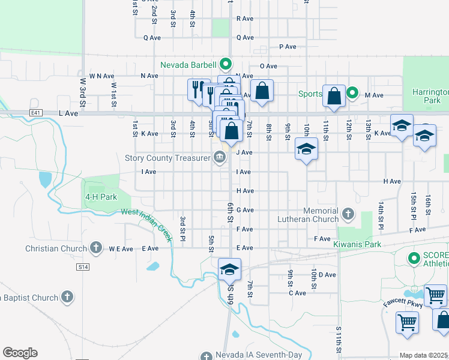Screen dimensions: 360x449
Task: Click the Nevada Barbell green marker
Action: [x=226, y=63]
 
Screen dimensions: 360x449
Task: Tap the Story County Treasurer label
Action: [x=167, y=158]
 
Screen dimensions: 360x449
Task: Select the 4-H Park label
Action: [x=100, y=197]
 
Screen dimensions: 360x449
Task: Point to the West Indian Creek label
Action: [x=147, y=224]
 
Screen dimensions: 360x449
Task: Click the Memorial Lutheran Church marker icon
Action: [x=348, y=214]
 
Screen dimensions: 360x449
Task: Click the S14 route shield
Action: [x=83, y=266]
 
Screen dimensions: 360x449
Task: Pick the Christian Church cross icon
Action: [x=95, y=247]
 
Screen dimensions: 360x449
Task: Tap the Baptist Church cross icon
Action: [x=68, y=297]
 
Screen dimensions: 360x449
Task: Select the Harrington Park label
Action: [x=430, y=96]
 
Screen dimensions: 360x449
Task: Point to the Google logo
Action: [x=20, y=353]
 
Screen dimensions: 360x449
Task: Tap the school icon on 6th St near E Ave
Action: [x=229, y=270]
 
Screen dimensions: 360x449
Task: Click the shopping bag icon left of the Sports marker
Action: [x=333, y=96]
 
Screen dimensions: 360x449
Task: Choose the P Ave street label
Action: [x=288, y=47]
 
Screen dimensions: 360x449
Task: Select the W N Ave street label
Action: [x=101, y=76]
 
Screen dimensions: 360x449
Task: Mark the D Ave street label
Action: [x=327, y=275]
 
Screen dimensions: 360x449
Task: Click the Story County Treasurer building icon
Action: [x=220, y=158]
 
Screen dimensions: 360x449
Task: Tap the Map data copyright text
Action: [x=424, y=355]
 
